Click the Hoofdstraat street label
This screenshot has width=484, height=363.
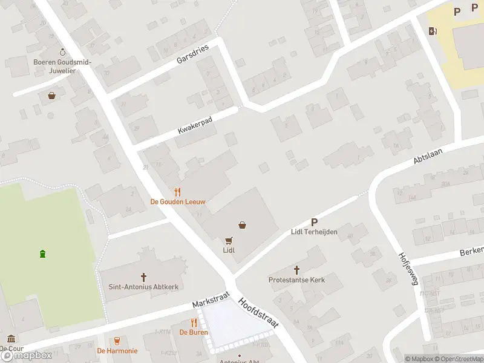258,312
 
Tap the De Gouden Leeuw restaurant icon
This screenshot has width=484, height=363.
178,191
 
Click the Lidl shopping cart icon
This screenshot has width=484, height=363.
229,240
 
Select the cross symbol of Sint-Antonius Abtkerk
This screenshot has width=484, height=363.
144,277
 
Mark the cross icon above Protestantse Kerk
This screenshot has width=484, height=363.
296,270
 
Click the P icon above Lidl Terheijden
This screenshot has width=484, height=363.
314,222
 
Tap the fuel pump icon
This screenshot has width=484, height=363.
433,31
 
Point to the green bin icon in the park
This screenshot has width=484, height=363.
42,253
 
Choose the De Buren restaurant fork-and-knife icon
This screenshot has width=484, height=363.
194,322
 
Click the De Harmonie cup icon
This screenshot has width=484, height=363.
117,341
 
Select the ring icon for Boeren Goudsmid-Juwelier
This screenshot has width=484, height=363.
62,52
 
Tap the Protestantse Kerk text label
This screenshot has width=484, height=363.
296,280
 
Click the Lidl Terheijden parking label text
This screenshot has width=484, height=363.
314,232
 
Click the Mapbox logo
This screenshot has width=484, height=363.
27,356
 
